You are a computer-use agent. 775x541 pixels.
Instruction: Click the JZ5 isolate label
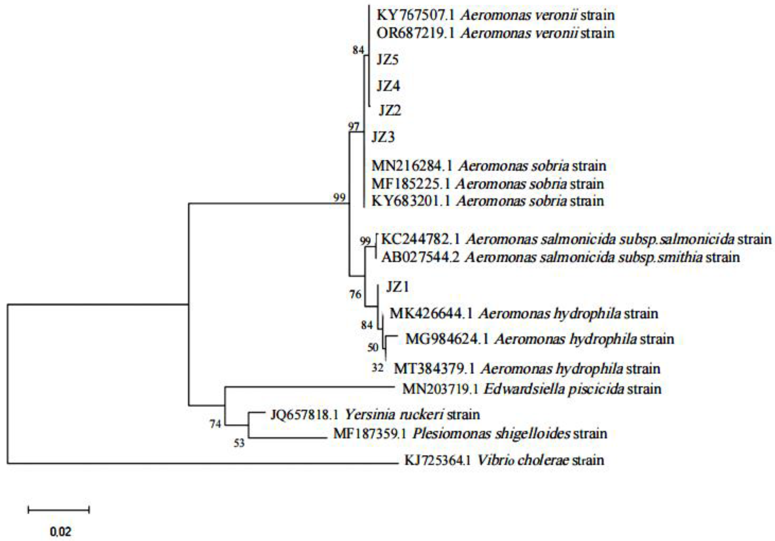pyautogui.click(x=387, y=60)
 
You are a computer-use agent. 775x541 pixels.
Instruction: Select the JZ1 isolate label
pyautogui.click(x=397, y=287)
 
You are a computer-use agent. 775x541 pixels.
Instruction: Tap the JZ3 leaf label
pyautogui.click(x=383, y=137)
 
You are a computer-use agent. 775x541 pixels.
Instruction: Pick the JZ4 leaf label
pyautogui.click(x=388, y=86)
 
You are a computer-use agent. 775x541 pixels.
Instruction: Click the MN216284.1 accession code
pyautogui.click(x=412, y=166)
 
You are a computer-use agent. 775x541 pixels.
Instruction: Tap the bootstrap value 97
pyautogui.click(x=354, y=127)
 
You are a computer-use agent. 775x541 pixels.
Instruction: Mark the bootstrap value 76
pyautogui.click(x=355, y=295)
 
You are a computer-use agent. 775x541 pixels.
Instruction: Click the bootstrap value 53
pyautogui.click(x=239, y=443)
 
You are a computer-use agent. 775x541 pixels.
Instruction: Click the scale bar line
pyautogui.click(x=58, y=510)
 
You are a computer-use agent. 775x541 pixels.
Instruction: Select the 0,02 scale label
pyautogui.click(x=61, y=532)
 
